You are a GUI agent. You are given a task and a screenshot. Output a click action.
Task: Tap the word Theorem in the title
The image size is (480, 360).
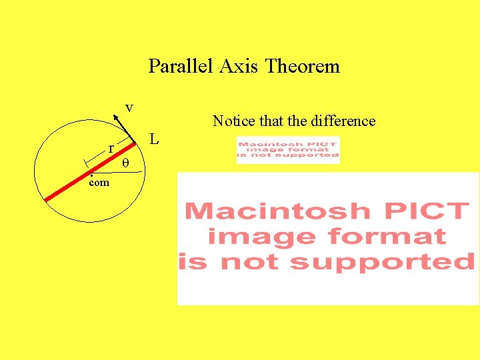tap(303, 67)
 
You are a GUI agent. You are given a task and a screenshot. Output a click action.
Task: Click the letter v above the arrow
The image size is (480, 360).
tap(129, 107)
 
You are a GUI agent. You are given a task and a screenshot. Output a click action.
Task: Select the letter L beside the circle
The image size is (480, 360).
tap(154, 140)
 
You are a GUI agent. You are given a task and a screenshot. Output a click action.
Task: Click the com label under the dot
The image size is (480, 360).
tap(99, 182)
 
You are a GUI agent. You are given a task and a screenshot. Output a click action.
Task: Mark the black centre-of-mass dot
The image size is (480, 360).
tap(91, 174)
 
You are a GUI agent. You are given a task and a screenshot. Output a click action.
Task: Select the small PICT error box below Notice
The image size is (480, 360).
tap(288, 149)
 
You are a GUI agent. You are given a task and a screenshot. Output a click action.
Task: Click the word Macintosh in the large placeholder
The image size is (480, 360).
tap(277, 211)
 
